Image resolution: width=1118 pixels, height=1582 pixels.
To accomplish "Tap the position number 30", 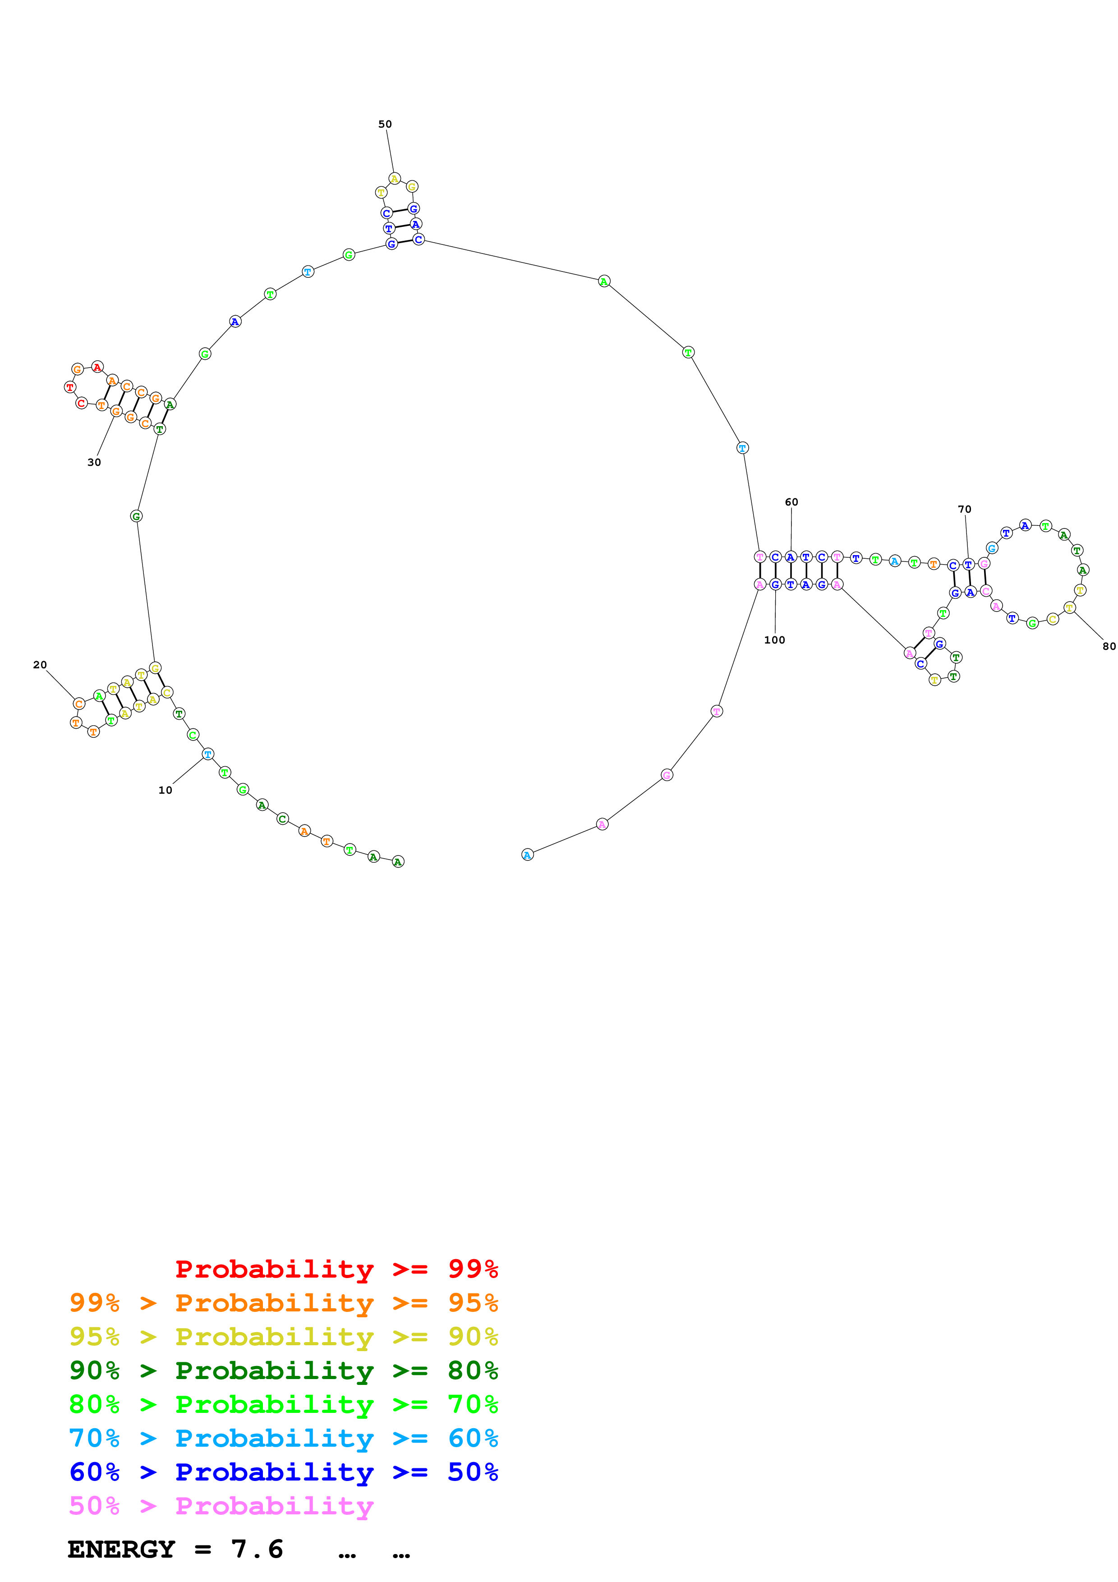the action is [x=94, y=462].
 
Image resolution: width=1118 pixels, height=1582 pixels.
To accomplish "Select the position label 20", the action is [x=40, y=665].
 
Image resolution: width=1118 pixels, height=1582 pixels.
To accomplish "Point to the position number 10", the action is [x=166, y=790].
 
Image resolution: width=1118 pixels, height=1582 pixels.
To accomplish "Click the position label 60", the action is [x=791, y=502].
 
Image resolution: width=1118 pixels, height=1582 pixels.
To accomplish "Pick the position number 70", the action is [x=964, y=509].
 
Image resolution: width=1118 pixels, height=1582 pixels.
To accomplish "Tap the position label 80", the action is [x=1109, y=646].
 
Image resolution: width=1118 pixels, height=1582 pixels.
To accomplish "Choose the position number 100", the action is [x=774, y=640].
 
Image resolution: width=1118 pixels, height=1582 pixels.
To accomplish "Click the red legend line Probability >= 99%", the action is [x=336, y=1269].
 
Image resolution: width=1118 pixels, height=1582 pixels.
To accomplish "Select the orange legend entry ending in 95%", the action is [x=283, y=1303].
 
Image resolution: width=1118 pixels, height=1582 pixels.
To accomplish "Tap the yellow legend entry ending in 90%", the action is [x=283, y=1337].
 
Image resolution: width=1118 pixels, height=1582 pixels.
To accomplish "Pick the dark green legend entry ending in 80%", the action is [x=283, y=1370].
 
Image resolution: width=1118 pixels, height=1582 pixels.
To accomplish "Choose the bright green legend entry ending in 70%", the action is [x=283, y=1404].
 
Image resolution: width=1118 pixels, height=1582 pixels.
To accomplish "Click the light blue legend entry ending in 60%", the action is [x=283, y=1438].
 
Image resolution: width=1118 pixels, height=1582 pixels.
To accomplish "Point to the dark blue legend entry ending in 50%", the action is [x=283, y=1472].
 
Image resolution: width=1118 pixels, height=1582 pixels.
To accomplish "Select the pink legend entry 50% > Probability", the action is [x=221, y=1505].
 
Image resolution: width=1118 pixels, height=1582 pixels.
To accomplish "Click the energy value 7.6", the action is [x=257, y=1549].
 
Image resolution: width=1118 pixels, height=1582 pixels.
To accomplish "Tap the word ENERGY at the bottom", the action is [x=121, y=1549].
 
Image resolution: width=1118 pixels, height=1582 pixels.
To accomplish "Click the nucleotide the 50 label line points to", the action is [x=395, y=179].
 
